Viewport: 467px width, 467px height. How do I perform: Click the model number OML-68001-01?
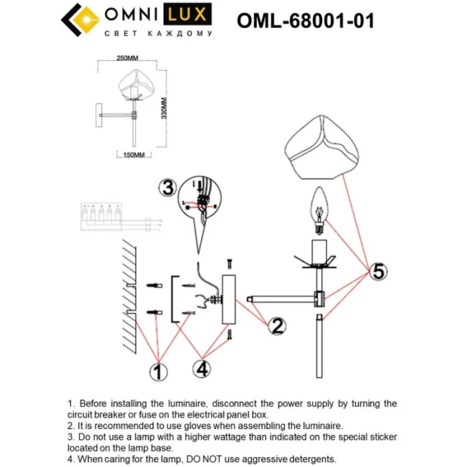(x=305, y=21)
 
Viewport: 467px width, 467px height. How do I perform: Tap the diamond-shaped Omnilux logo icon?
(x=77, y=23)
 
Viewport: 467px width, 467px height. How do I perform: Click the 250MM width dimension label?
(x=127, y=59)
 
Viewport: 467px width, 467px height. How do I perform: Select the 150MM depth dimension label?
(x=134, y=155)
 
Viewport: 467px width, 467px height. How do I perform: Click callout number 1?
(x=157, y=371)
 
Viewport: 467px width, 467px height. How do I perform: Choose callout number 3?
(x=168, y=187)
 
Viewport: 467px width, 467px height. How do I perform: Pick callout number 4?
(x=203, y=368)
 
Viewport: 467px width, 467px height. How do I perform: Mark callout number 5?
(x=378, y=272)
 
